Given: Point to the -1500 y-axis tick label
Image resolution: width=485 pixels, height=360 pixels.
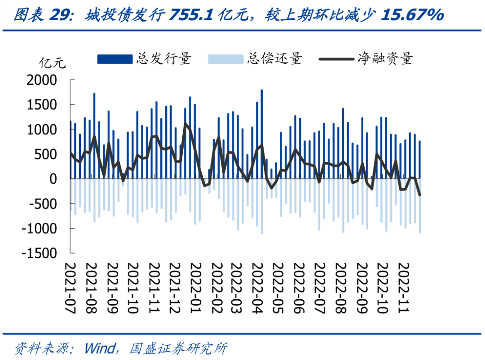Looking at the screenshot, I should (x=41, y=253).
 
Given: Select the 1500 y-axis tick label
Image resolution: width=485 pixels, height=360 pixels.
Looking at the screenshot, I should (x=44, y=105).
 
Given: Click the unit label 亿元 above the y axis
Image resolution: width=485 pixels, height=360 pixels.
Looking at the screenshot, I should (x=53, y=62).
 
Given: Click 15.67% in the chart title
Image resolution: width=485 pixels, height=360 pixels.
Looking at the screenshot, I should (x=412, y=16).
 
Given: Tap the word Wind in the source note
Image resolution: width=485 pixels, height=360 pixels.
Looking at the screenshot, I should (x=100, y=348).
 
